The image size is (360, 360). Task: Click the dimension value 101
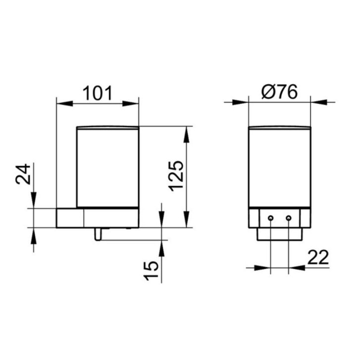[98, 93]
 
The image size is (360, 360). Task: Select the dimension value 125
[176, 176]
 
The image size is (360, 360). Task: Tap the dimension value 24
[23, 174]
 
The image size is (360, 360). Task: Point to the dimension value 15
[151, 271]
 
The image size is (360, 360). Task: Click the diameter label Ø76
[279, 92]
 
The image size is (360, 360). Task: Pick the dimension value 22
[318, 257]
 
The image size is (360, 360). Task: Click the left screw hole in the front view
[271, 218]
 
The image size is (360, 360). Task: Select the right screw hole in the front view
[289, 218]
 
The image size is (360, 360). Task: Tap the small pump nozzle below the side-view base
[98, 234]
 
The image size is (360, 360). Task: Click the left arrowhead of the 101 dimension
[65, 103]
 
